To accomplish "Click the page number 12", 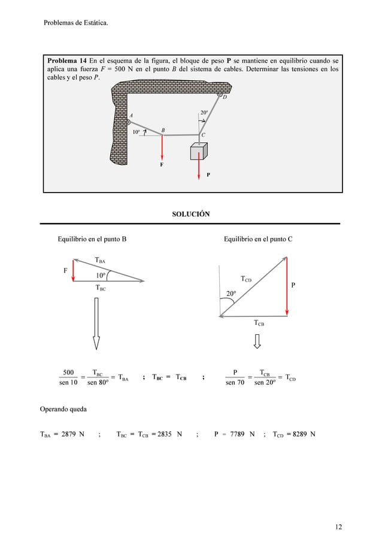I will (339, 527).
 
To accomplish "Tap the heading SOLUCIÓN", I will (190, 214).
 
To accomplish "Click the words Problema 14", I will (67, 61).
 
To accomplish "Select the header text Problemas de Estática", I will (75, 23).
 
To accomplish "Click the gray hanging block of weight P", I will (198, 152).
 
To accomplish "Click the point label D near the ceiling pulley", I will (225, 106).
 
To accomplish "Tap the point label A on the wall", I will (131, 115).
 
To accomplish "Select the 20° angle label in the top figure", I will (204, 112).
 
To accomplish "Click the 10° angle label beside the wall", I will (137, 132).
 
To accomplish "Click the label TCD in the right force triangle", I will (246, 279).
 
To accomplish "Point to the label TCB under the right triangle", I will (259, 323).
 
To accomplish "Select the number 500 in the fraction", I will (69, 373).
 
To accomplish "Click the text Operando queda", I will (63, 410).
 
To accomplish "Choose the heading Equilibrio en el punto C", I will (257, 240).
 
